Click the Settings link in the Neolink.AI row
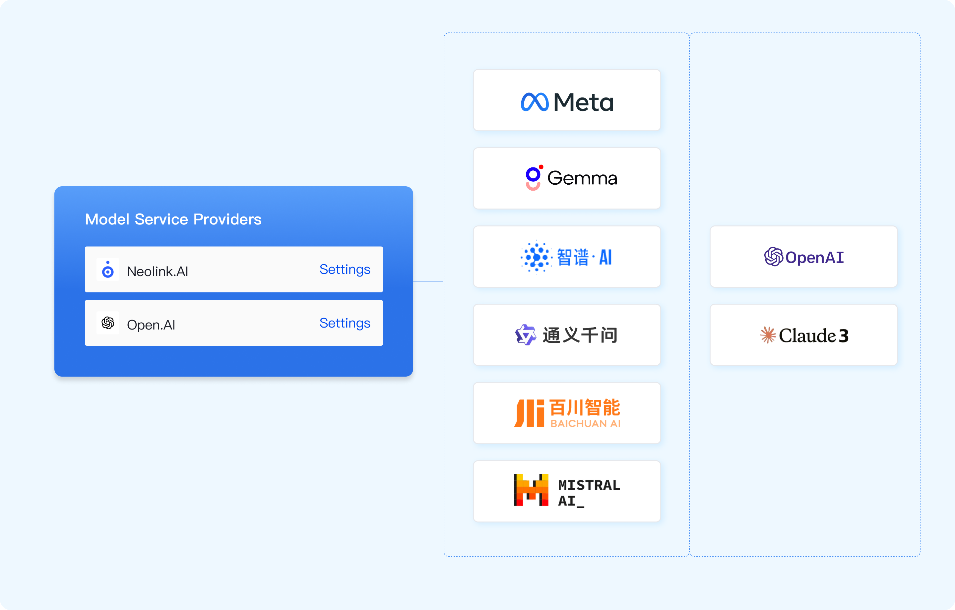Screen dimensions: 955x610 pyautogui.click(x=345, y=270)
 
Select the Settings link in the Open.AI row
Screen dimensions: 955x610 pyautogui.click(x=345, y=323)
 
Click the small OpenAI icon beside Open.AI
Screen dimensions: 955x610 pyautogui.click(x=108, y=323)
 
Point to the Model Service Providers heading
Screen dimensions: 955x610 pyautogui.click(x=173, y=219)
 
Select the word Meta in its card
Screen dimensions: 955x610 pyautogui.click(x=583, y=102)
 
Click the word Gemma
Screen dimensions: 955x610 pyautogui.click(x=582, y=178)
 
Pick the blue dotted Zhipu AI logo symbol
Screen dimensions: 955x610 pyautogui.click(x=536, y=257)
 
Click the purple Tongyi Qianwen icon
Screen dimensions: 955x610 pyautogui.click(x=526, y=335)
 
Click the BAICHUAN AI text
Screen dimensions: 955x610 pyautogui.click(x=585, y=424)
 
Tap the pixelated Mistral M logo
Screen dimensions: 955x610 pyautogui.click(x=531, y=490)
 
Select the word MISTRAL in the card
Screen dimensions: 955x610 pyautogui.click(x=589, y=485)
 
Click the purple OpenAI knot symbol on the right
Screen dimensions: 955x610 pyautogui.click(x=773, y=257)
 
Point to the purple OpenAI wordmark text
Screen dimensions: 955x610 pyautogui.click(x=815, y=257)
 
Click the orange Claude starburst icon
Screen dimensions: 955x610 pyautogui.click(x=768, y=335)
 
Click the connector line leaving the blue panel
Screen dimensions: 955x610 pyautogui.click(x=428, y=281)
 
